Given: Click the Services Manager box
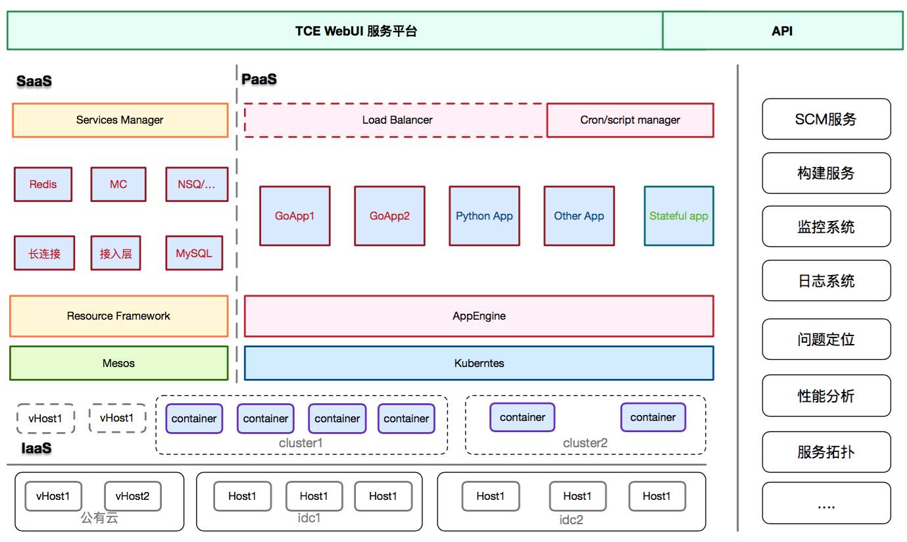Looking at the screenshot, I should (x=120, y=120).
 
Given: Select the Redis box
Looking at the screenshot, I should (x=43, y=184).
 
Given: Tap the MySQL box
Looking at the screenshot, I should (x=194, y=253).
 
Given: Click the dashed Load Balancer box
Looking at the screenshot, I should (x=397, y=120).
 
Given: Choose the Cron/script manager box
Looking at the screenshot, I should (x=630, y=120).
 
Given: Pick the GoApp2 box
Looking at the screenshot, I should (x=389, y=216).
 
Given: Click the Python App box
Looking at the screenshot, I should (x=484, y=216).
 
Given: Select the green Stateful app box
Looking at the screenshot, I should (x=679, y=216).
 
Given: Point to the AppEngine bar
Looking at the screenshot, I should (x=479, y=316).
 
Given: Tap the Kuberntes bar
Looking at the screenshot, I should (x=479, y=363).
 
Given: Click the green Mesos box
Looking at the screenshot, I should (x=118, y=363).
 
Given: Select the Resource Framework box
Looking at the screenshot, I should (x=118, y=316).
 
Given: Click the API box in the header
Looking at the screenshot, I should (x=782, y=31).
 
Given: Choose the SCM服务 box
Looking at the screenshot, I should (x=826, y=119).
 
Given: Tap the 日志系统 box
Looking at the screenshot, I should (x=826, y=281).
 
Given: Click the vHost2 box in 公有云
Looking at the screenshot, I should (x=132, y=497).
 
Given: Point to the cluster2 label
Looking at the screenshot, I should (x=585, y=443).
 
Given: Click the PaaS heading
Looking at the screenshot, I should (x=259, y=80).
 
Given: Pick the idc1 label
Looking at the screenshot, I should (x=309, y=518).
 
